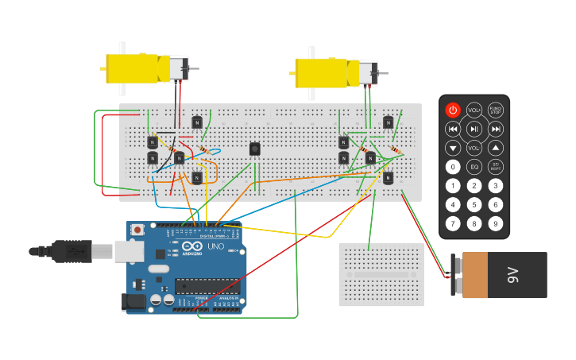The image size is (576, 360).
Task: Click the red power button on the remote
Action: (x=453, y=110)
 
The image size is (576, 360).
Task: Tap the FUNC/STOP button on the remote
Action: (x=496, y=110)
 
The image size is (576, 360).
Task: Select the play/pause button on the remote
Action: (x=474, y=129)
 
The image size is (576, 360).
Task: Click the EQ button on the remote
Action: (x=474, y=167)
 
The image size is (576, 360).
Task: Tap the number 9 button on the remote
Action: (x=496, y=224)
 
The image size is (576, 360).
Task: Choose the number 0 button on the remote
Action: (x=453, y=167)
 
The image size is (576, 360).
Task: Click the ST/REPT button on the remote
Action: (x=496, y=167)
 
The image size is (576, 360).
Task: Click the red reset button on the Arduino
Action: (x=138, y=230)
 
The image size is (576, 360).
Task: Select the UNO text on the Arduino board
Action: (x=215, y=247)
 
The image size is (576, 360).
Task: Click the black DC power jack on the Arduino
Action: (x=133, y=302)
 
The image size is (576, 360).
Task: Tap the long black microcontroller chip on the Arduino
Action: (x=207, y=286)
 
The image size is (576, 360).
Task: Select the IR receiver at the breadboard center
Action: (x=254, y=149)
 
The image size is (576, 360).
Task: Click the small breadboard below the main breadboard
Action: (x=381, y=274)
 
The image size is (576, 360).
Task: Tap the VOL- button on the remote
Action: (x=474, y=148)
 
